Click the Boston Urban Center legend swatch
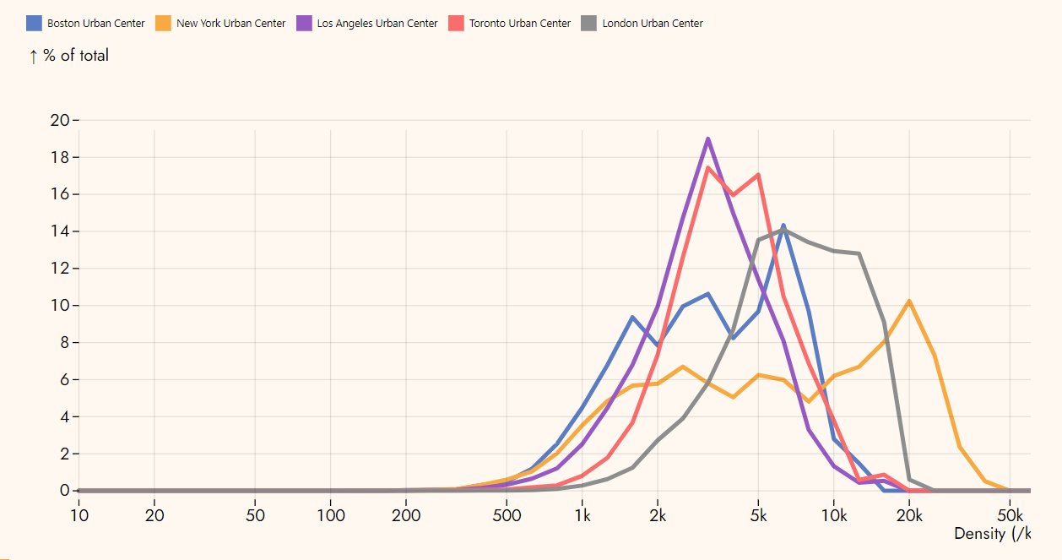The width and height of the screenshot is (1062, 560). click(35, 23)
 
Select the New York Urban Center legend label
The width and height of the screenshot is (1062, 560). click(230, 24)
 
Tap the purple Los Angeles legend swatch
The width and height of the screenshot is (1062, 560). click(305, 23)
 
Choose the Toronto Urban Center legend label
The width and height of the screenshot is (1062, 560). click(520, 24)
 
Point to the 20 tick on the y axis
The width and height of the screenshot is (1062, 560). click(60, 120)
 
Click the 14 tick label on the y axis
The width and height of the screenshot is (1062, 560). click(60, 231)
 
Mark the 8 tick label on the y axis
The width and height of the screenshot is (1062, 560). click(64, 343)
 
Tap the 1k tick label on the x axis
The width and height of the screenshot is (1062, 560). click(582, 516)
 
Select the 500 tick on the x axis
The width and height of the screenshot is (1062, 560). click(507, 516)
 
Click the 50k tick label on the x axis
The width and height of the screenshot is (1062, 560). click(1010, 516)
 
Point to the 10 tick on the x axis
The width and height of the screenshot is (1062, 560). click(79, 516)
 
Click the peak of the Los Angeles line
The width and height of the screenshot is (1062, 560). click(707, 139)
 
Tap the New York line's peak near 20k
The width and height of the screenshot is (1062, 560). click(909, 301)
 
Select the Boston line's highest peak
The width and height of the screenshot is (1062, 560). click(783, 225)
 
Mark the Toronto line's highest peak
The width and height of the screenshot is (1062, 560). click(707, 167)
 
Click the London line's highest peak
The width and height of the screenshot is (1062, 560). click(783, 230)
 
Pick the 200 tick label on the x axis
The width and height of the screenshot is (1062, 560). click(406, 516)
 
